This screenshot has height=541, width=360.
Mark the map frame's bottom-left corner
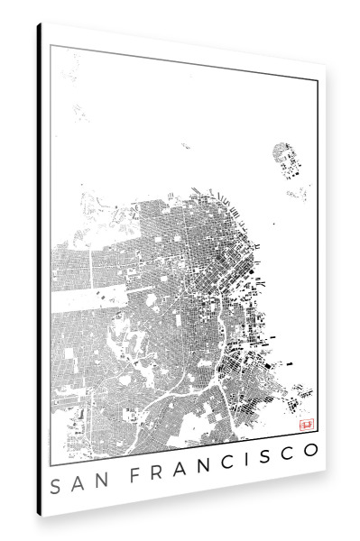click(51, 452)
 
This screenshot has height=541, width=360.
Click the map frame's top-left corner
click(51, 44)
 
